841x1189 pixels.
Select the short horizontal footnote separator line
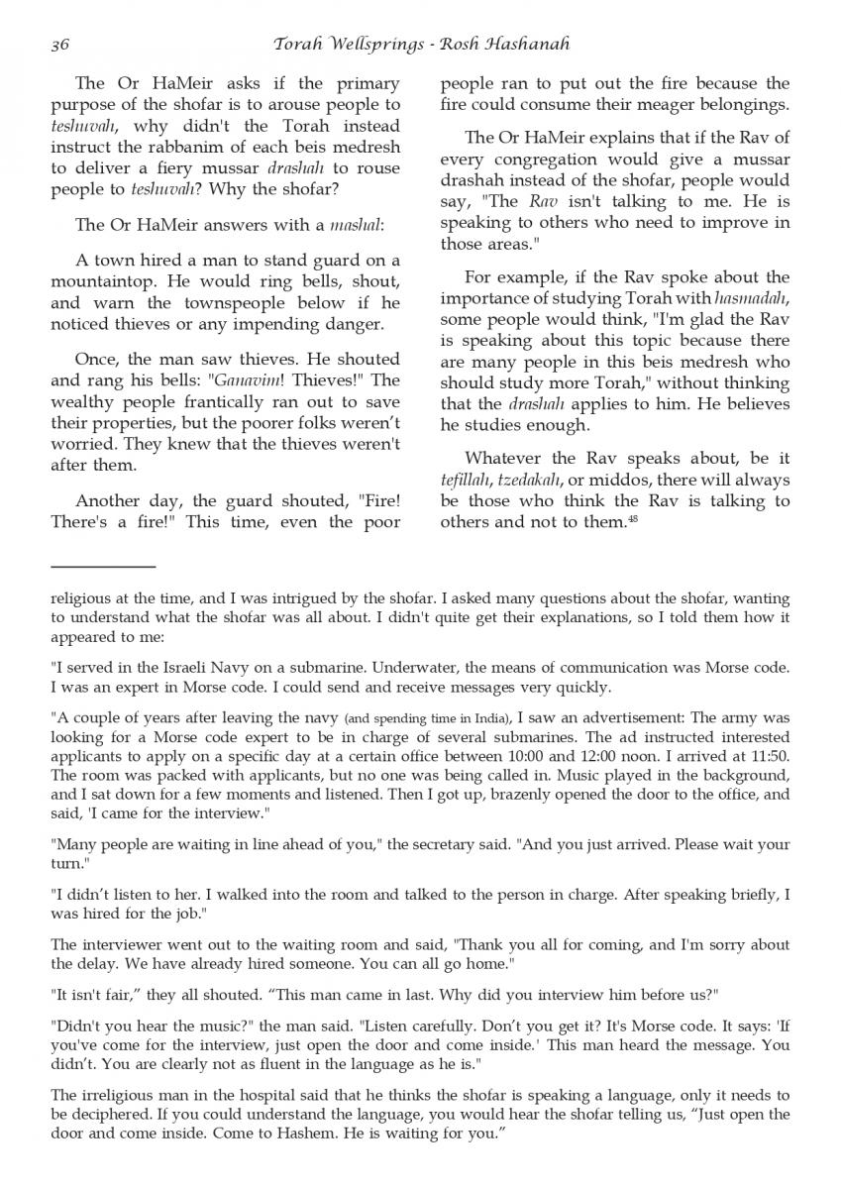pos(103,568)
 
